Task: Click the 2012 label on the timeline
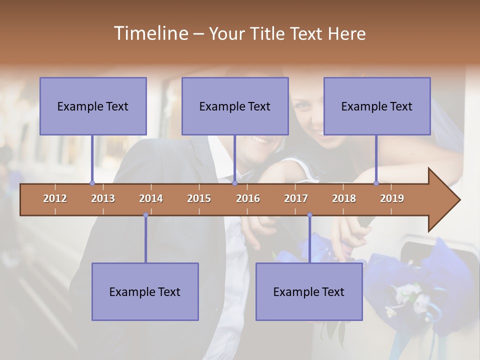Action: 55,198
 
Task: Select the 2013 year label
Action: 103,198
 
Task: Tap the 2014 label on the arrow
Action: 151,198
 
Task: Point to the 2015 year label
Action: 199,198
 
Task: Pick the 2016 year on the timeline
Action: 248,198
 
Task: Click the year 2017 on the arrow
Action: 296,198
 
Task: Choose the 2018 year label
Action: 344,198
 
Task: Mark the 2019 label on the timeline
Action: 392,198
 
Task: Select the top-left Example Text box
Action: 93,106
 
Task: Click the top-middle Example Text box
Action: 235,106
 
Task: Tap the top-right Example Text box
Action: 377,106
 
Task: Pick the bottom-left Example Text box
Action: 145,292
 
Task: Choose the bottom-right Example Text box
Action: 309,292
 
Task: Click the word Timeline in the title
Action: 150,33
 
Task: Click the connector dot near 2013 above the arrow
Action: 92,183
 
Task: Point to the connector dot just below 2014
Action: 145,215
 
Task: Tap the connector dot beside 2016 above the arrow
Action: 234,183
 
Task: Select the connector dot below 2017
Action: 309,215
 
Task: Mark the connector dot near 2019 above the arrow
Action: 376,183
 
